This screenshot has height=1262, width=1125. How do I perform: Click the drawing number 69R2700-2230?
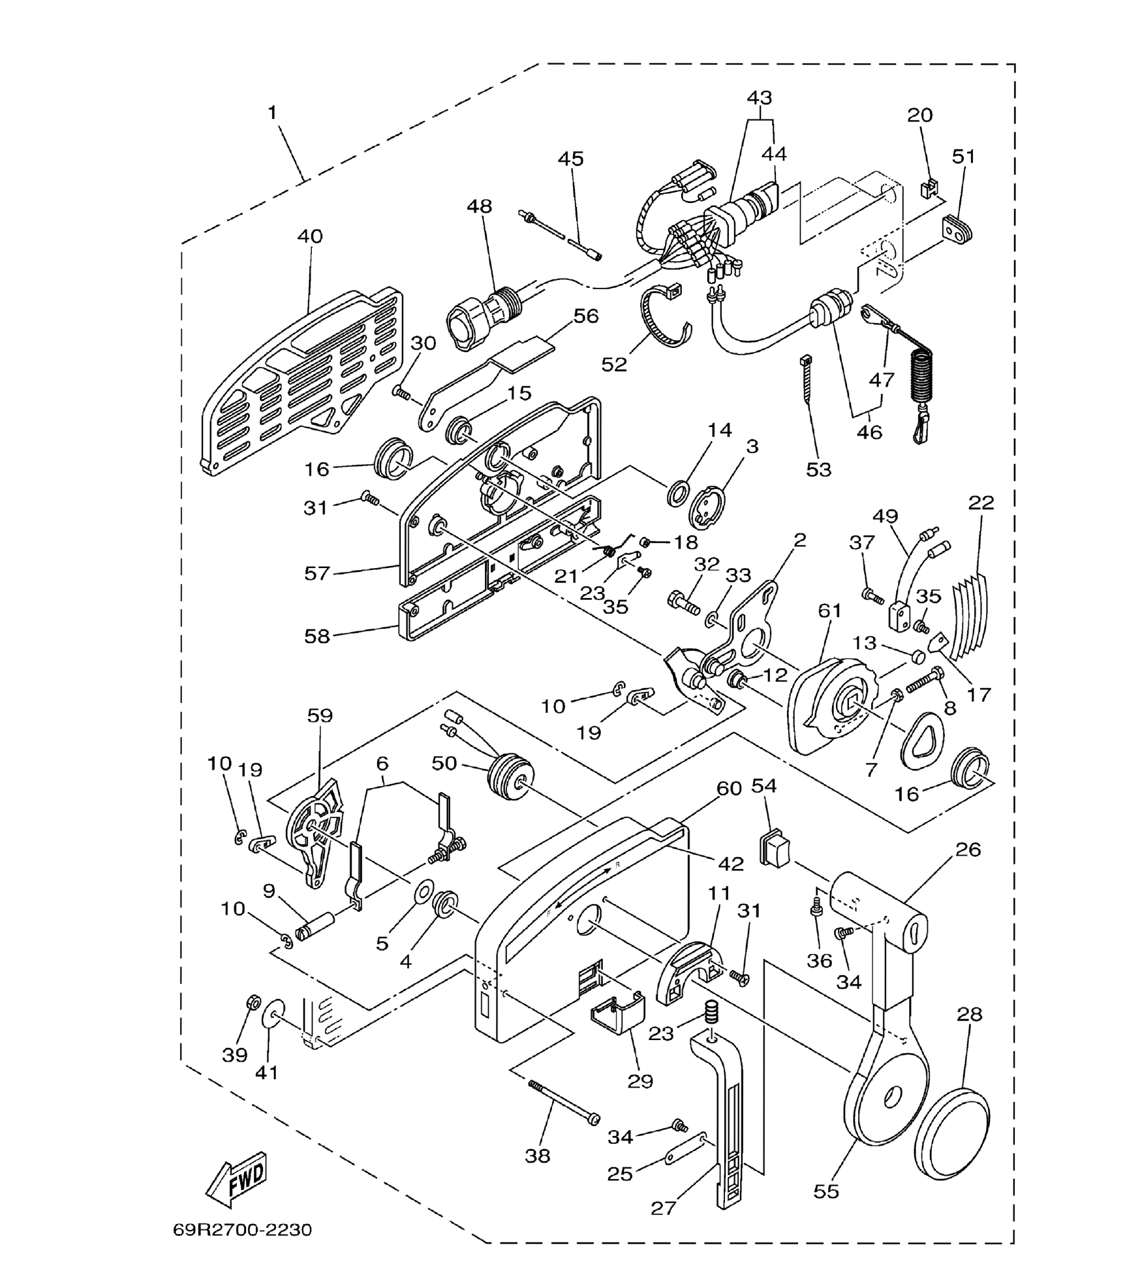coord(242,1230)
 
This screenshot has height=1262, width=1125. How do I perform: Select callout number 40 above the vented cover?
coord(309,236)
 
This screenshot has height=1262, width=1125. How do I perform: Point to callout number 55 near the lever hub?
coord(825,1191)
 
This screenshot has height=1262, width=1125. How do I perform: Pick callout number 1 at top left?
coord(272,113)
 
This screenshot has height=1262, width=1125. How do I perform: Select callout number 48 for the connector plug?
coord(479,206)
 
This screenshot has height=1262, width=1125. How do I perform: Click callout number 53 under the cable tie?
coord(818,469)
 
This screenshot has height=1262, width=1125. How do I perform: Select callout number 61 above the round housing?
coord(829,610)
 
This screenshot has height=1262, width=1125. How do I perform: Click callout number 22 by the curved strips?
coord(981,503)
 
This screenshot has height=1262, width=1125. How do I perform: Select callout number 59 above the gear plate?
coord(320,716)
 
